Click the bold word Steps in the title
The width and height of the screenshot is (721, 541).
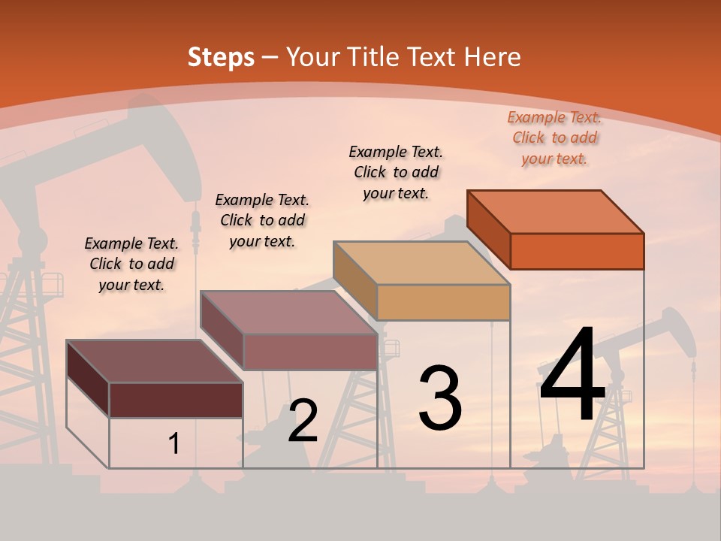pos(220,57)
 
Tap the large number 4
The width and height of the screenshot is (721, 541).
pos(572,375)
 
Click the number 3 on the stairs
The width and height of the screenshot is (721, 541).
pos(440,398)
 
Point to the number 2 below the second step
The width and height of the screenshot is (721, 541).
pos(303,420)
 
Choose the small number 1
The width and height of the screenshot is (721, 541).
pos(174,443)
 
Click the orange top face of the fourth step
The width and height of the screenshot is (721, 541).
pos(555,211)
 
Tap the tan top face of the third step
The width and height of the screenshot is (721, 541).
pos(421,262)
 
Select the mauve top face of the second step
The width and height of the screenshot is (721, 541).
pos(288,312)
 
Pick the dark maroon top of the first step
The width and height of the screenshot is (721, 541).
pos(155,361)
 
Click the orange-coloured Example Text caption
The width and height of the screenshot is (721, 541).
pos(554,138)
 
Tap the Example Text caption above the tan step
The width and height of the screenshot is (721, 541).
pos(396,172)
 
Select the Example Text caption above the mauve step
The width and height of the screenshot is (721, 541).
pos(262,220)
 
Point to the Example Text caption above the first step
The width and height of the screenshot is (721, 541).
pos(131,264)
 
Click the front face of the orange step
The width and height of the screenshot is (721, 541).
pos(577,251)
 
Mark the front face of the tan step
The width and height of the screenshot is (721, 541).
pos(443,303)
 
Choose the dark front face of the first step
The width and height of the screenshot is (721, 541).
pos(176,400)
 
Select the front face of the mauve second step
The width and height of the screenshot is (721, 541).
pos(310,352)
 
